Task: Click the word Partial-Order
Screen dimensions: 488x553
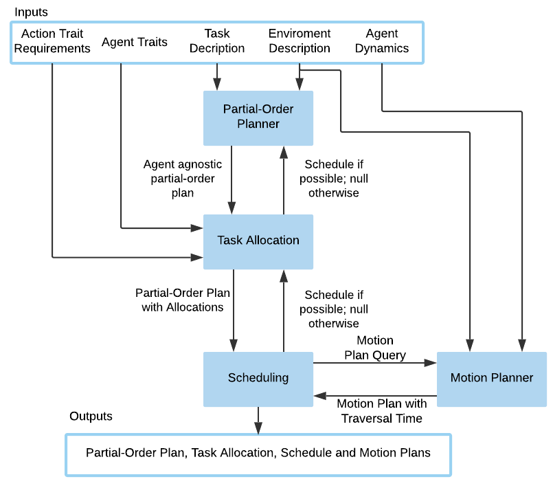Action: (258, 109)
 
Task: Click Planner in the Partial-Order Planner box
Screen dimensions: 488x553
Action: (258, 124)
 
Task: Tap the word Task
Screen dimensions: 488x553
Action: (230, 241)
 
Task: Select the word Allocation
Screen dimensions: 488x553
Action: (273, 241)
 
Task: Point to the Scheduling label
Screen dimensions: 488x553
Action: (258, 378)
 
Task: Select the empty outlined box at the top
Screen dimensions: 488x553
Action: (217, 43)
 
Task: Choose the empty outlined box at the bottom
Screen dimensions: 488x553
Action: (258, 455)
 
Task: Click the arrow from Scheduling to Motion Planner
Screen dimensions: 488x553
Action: (375, 362)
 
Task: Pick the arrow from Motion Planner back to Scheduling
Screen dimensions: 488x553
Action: (375, 396)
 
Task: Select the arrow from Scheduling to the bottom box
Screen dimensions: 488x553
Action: (258, 421)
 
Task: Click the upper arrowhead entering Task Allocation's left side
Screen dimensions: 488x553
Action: (197, 228)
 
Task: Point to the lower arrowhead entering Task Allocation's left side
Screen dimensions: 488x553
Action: (197, 258)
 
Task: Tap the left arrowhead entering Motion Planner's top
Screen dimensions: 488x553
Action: (471, 345)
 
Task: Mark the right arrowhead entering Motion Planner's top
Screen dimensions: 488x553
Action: (522, 345)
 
